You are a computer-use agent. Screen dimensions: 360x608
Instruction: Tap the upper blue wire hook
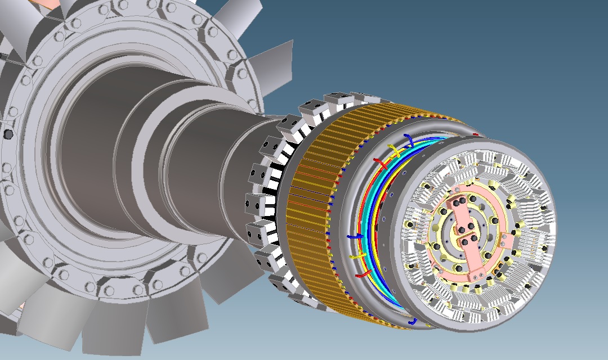pos(410,139)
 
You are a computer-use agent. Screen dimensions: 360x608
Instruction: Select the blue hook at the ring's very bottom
pos(413,321)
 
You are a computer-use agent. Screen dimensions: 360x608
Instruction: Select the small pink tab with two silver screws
pos(508,240)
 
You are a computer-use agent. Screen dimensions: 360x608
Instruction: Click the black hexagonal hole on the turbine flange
pos(8,134)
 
